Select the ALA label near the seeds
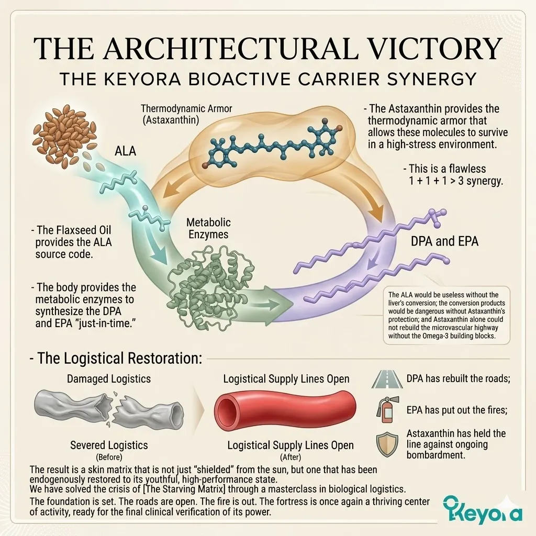[x=126, y=151]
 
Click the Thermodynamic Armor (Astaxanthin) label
[x=186, y=114]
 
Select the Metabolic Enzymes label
[x=208, y=228]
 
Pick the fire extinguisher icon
[x=385, y=409]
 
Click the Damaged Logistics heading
[x=109, y=378]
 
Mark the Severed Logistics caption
[x=109, y=445]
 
